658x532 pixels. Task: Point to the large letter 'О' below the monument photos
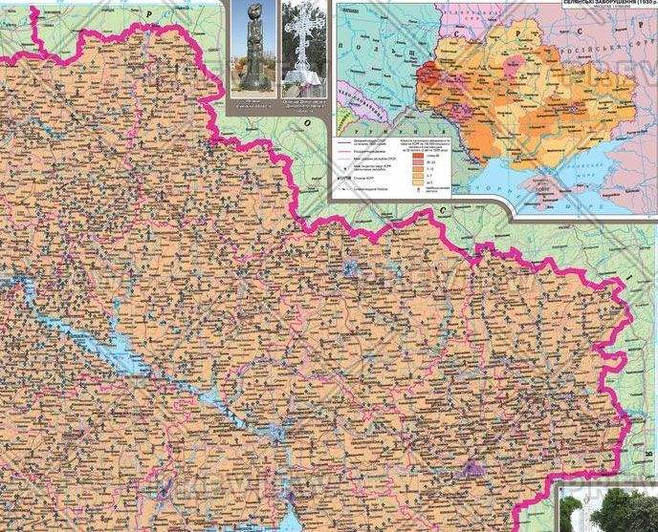click(308, 122)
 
